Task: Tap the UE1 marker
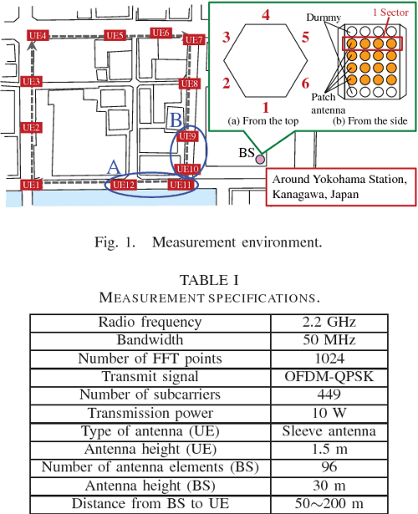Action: [31, 185]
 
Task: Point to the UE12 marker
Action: [123, 185]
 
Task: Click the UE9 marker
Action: [189, 136]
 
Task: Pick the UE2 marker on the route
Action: [31, 127]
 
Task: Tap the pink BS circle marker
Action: [260, 159]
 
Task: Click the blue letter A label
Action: [113, 167]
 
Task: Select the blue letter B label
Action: [176, 120]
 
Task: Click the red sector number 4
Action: [266, 15]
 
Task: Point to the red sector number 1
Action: [266, 107]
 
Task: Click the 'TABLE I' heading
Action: [209, 280]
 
